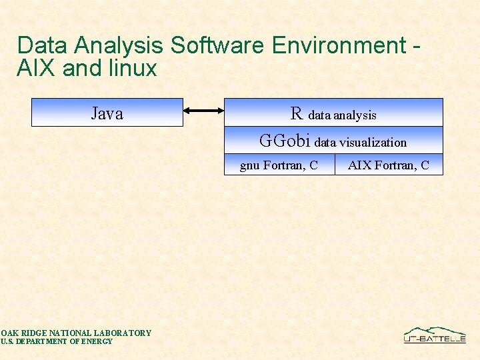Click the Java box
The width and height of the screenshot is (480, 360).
click(107, 113)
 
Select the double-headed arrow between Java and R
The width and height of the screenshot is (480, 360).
click(203, 111)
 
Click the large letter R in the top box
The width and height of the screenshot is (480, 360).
click(297, 113)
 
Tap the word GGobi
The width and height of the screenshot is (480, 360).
click(285, 141)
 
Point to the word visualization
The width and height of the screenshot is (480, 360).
click(373, 142)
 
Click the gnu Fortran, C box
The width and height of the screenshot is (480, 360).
click(279, 165)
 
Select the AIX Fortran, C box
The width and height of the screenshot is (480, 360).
click(389, 165)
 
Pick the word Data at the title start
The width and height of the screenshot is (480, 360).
click(43, 45)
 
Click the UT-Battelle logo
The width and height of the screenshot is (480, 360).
click(435, 335)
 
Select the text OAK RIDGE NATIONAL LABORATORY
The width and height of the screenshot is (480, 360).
click(76, 333)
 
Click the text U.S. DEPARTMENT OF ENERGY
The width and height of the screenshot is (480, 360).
click(57, 341)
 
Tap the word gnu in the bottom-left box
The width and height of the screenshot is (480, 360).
click(250, 165)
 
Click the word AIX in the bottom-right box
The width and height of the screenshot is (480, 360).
click(359, 165)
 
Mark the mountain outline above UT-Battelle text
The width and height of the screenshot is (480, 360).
click(434, 331)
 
